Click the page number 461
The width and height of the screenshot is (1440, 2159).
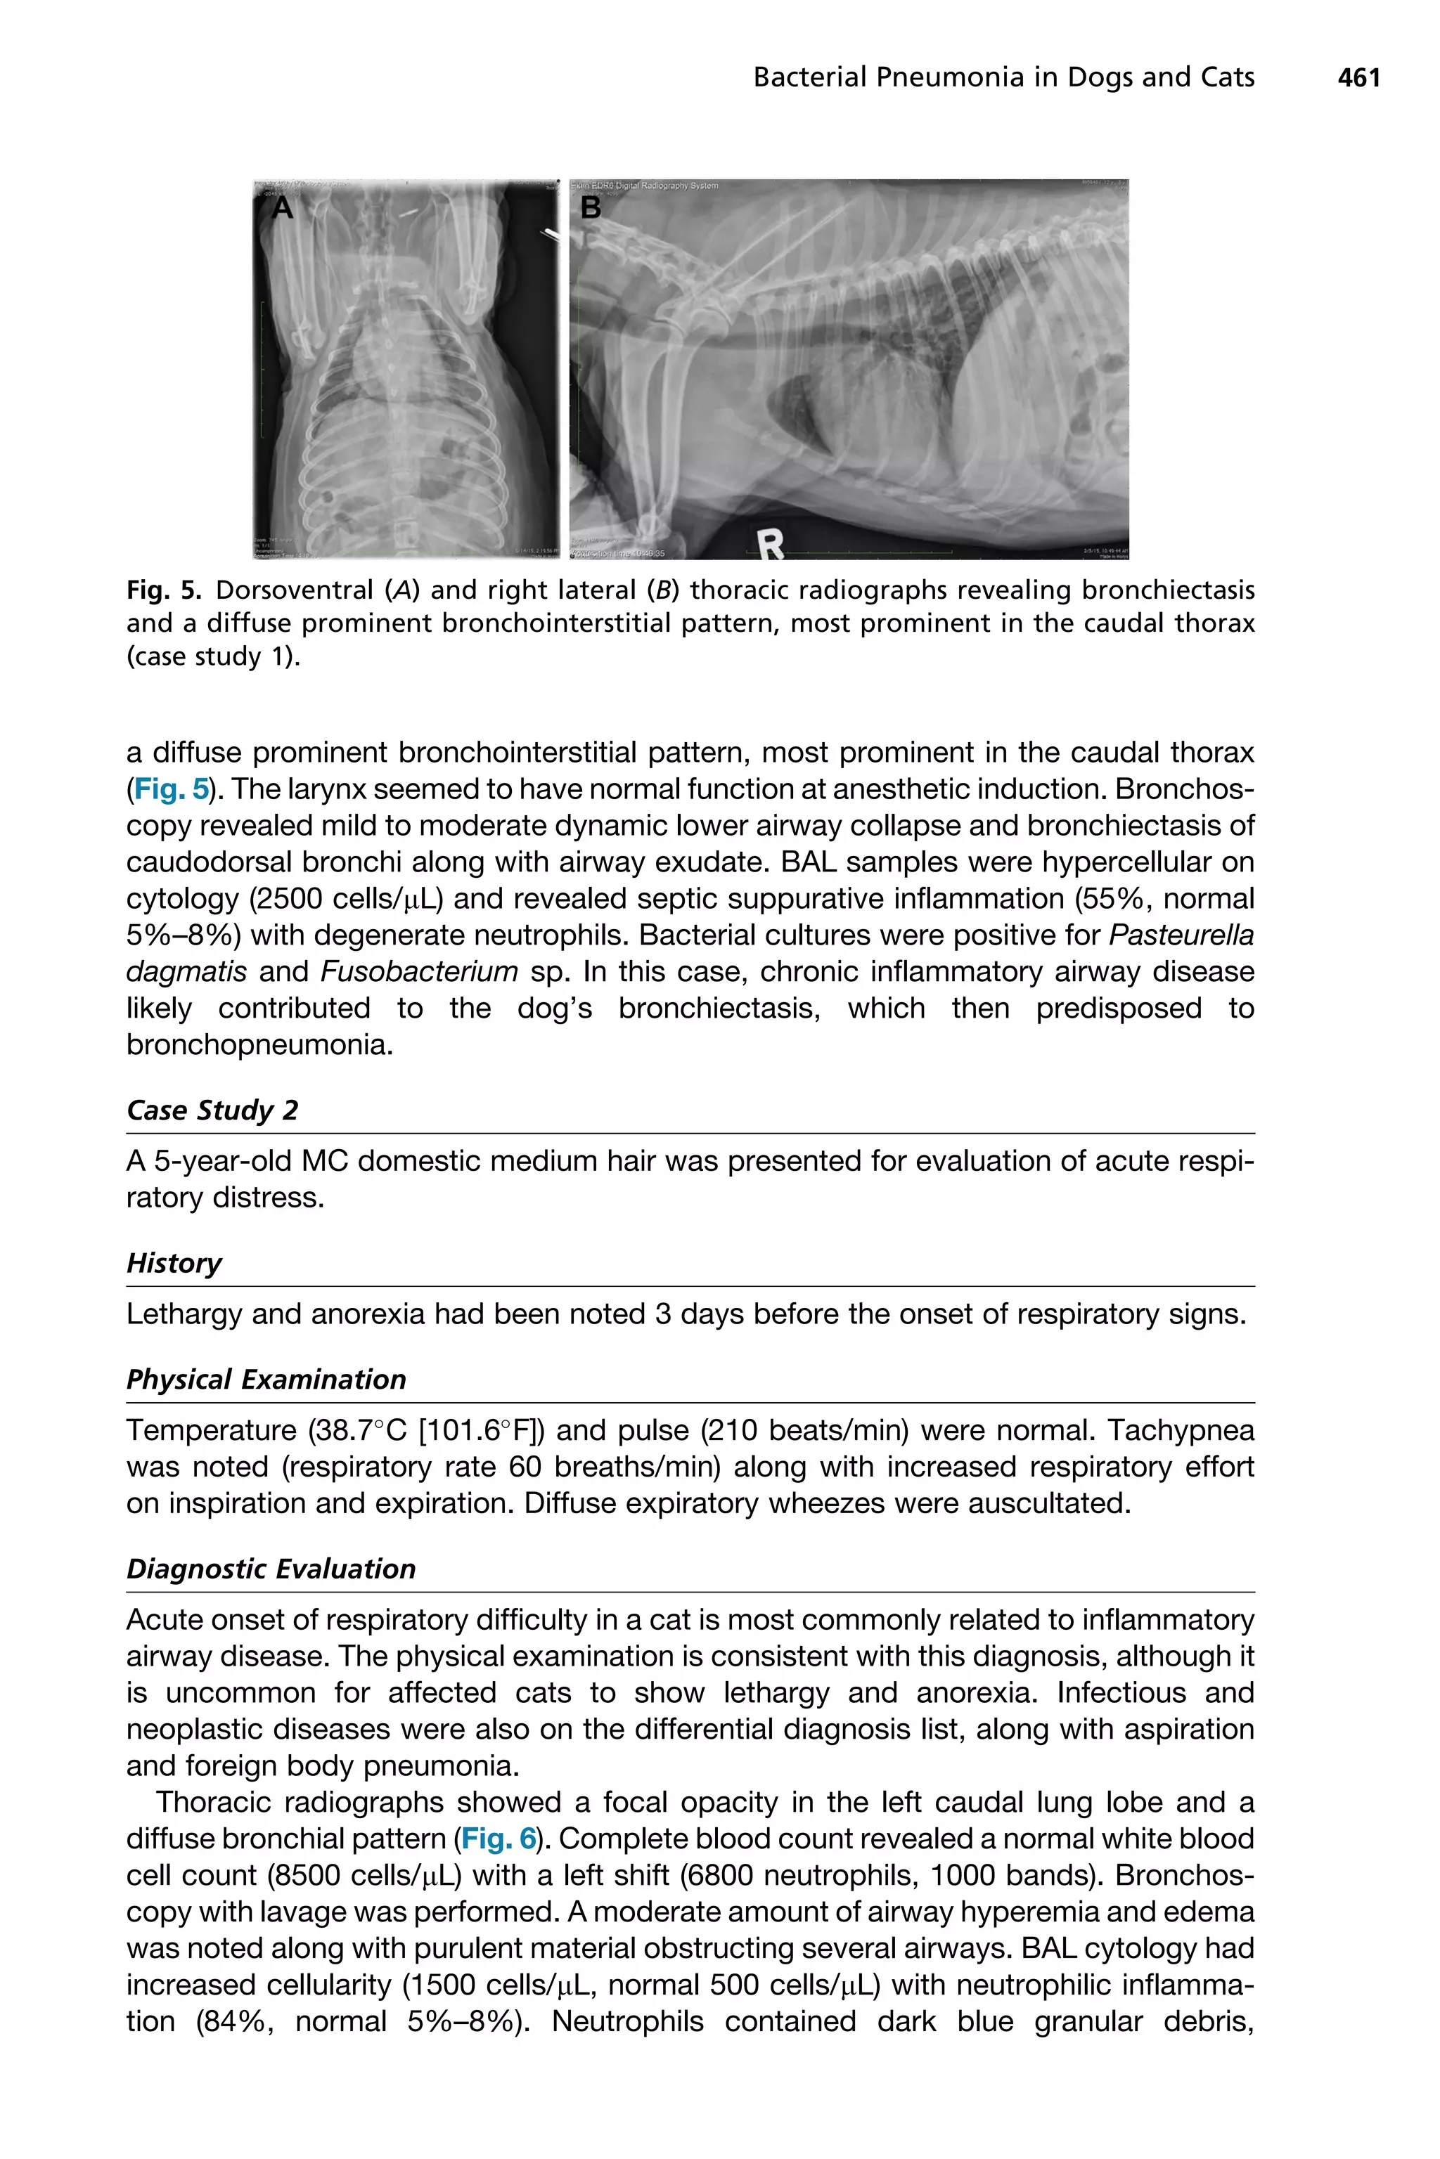pyautogui.click(x=1358, y=78)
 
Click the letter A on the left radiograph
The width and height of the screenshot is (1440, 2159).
pyautogui.click(x=283, y=209)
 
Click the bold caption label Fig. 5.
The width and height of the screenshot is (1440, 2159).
pyautogui.click(x=162, y=590)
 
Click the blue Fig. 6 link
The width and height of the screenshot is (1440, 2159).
pyautogui.click(x=499, y=1839)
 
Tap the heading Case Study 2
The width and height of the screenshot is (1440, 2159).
pyautogui.click(x=212, y=1110)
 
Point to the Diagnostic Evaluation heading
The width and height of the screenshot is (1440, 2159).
pyautogui.click(x=271, y=1569)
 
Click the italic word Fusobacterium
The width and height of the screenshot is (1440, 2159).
pyautogui.click(x=419, y=971)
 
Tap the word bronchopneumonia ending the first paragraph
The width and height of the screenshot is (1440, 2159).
pyautogui.click(x=258, y=1044)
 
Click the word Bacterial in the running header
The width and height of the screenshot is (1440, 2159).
pyautogui.click(x=809, y=78)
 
